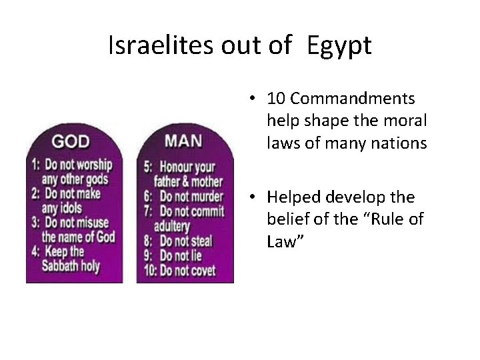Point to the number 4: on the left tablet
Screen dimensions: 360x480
coord(36,251)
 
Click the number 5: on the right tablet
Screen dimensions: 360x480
coord(148,165)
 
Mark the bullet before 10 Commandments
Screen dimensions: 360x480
coord(255,99)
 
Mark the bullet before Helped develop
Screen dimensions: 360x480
coord(255,198)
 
